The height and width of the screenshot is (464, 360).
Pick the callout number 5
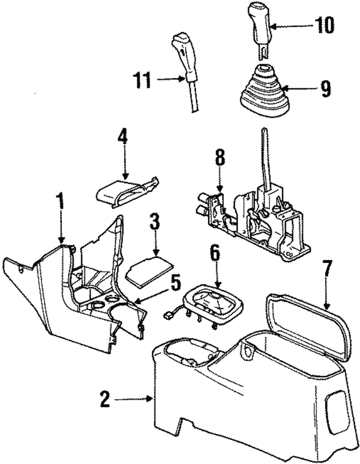pos(176,280)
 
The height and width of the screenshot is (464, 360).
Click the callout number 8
pos(220,158)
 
